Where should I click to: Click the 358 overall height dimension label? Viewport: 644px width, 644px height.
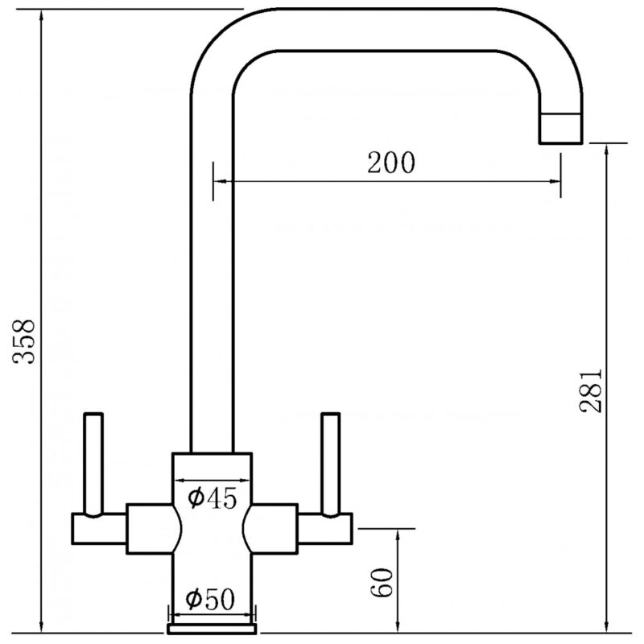(24, 341)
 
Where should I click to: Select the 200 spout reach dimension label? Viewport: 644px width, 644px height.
(391, 163)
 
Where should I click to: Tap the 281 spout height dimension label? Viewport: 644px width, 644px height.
(591, 390)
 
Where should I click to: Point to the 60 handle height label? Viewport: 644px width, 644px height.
(382, 582)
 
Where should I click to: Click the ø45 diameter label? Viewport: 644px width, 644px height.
(213, 498)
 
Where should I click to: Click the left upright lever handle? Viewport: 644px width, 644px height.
(93, 464)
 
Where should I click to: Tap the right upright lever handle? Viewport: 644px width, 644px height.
(331, 464)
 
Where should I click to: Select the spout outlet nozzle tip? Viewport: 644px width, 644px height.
(560, 129)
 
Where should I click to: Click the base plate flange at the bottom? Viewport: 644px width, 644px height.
(212, 629)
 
